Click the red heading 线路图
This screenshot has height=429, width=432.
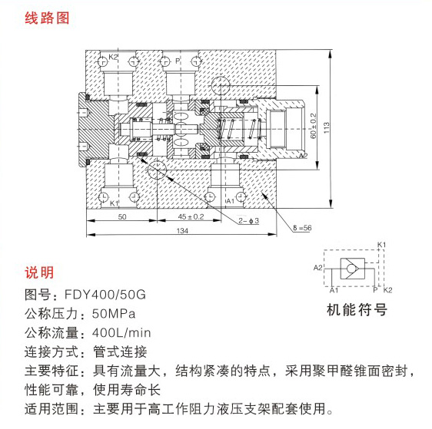coord(47,18)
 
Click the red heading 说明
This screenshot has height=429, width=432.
coord(39,272)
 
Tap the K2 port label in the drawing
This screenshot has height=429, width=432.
coord(113,57)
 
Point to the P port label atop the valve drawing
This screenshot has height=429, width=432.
coord(178,61)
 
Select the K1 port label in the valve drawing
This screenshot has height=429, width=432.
coord(114,203)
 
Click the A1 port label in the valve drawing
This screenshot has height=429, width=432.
coord(231,201)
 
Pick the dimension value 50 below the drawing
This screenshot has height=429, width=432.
coord(122,216)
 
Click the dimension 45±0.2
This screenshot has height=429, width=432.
coord(191,216)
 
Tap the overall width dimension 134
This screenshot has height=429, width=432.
coord(182,230)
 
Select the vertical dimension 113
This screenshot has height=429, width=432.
coord(326,128)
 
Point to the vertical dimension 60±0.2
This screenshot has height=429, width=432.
coord(314,126)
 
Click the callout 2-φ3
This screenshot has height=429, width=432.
coord(249,221)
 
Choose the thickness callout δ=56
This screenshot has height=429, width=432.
coord(302,228)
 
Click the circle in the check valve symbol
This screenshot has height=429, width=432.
coord(352,269)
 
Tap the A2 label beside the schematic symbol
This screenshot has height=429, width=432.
coord(318,267)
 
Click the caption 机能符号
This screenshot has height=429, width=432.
coord(357,309)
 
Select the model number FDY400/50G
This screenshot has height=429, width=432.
coord(105,295)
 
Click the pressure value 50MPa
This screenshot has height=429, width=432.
coord(114,314)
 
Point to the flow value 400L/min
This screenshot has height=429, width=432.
coord(121,333)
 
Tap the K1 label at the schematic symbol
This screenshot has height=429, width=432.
coord(381,245)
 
